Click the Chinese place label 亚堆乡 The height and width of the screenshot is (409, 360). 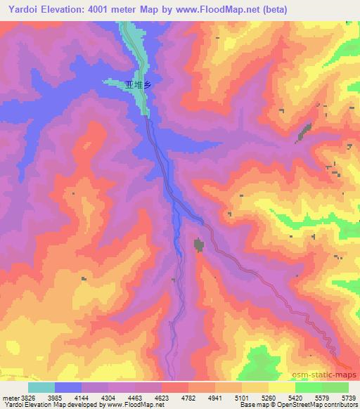click(137, 84)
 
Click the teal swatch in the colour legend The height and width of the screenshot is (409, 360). click(41, 387)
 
